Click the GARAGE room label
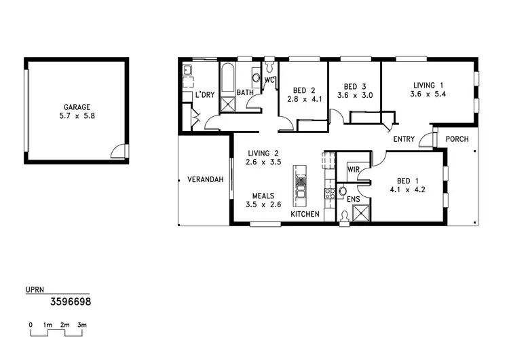coord(77,107)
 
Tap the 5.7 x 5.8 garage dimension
coord(77,116)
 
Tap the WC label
coord(269,80)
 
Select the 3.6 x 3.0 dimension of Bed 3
coord(355,96)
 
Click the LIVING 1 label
coord(427,86)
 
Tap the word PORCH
coord(457,139)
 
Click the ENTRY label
coord(404,139)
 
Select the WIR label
coord(353,168)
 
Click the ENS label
coord(353,200)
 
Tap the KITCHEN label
coord(305,215)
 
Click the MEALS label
coord(259,196)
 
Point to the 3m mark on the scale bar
coord(82,326)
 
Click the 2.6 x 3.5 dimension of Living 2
coord(263,162)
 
